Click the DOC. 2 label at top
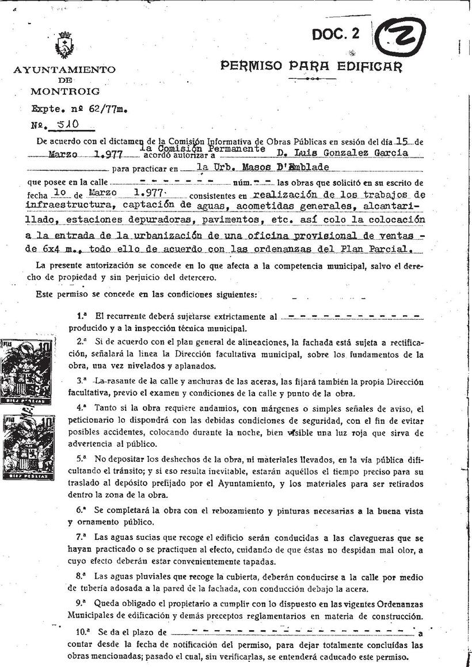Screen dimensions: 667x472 (x=336, y=34)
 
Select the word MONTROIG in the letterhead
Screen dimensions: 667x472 (x=64, y=91)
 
